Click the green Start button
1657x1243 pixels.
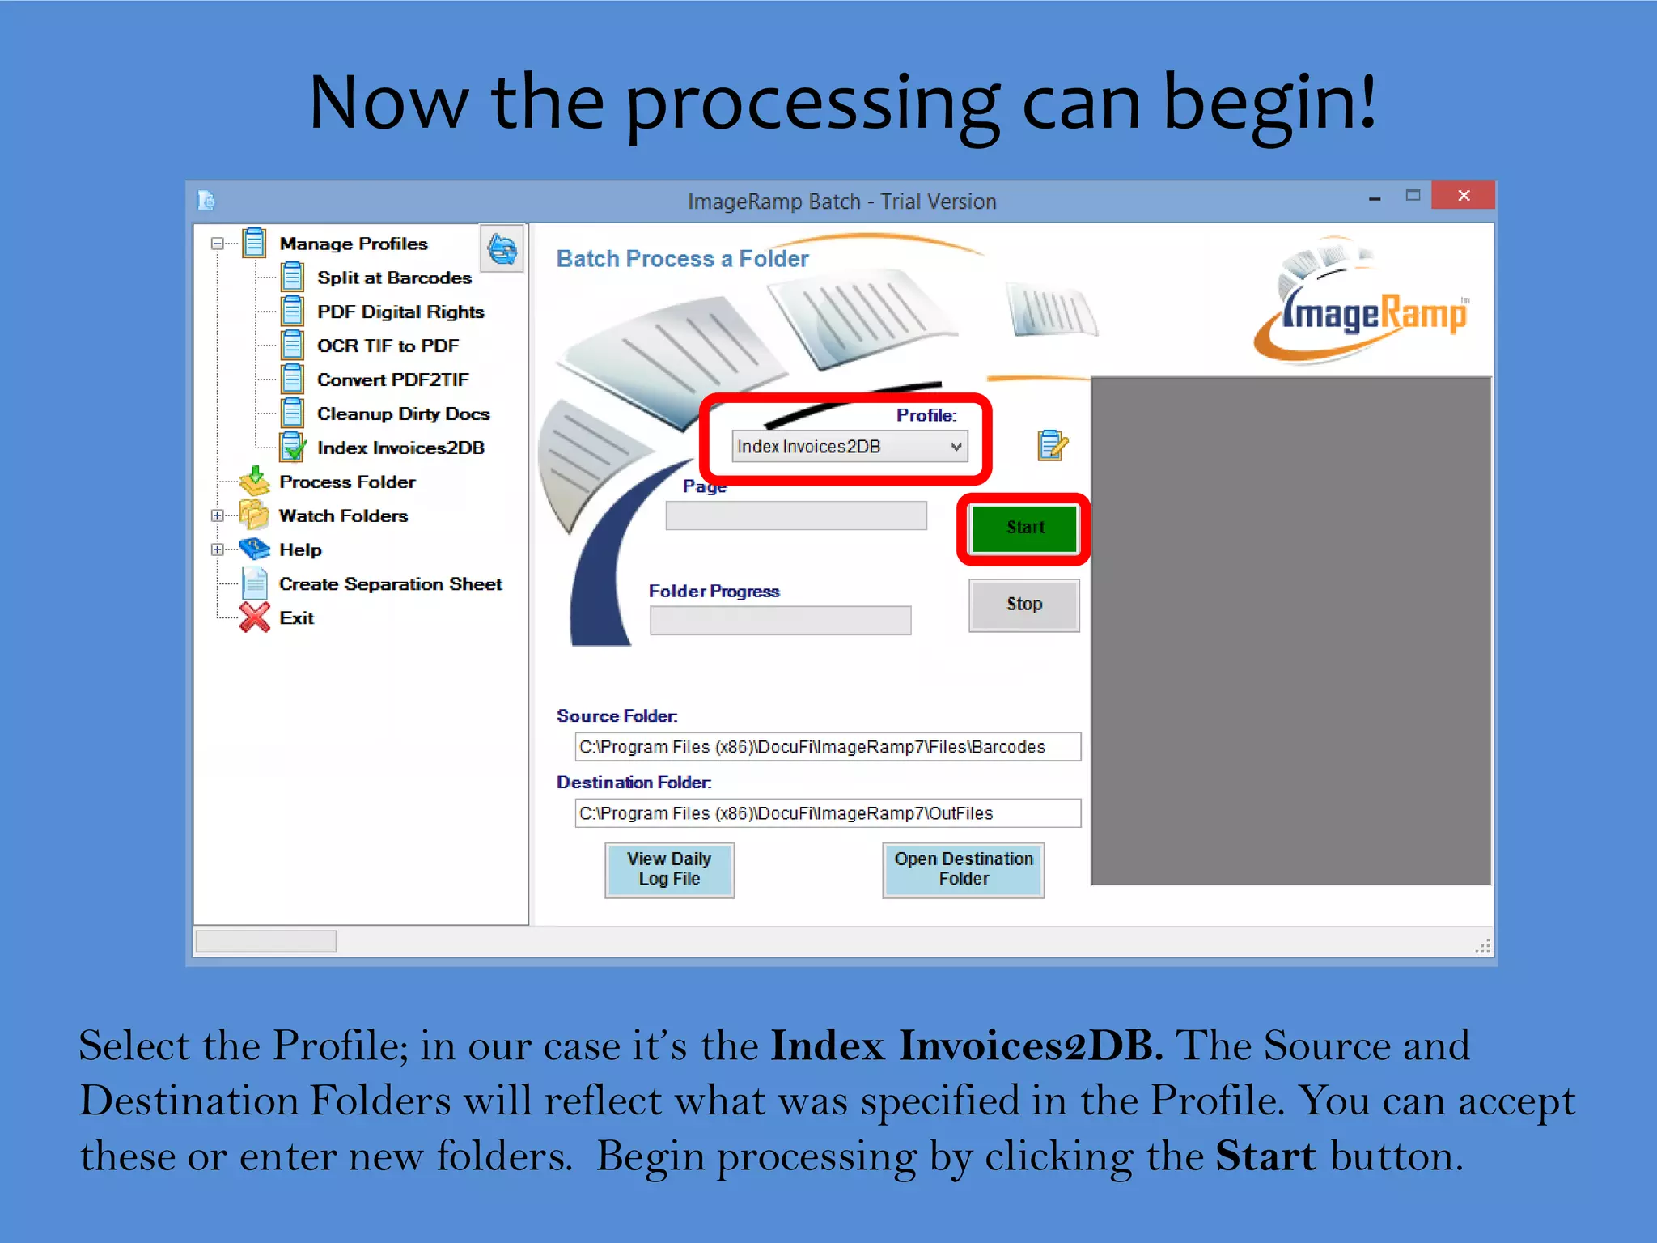tap(1024, 528)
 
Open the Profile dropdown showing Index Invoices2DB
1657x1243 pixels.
tap(850, 447)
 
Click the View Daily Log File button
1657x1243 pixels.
tap(669, 869)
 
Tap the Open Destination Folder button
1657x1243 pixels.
tap(963, 869)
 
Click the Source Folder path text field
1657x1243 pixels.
tap(827, 747)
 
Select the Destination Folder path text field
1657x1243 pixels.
tap(827, 813)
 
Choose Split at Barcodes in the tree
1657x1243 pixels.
tap(393, 278)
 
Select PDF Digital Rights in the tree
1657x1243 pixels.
tap(400, 312)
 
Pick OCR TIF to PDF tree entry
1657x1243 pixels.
tap(388, 346)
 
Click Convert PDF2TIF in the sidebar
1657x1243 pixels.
tap(392, 380)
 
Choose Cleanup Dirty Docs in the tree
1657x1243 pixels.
tap(403, 414)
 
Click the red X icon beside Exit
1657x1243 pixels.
tap(255, 617)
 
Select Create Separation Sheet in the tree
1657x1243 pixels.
tap(390, 583)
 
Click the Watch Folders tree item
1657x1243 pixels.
tap(343, 515)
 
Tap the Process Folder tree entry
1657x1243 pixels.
tap(347, 482)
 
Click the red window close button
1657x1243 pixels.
tap(1463, 195)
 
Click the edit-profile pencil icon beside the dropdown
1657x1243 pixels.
tap(1052, 445)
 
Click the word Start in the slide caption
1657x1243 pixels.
tap(1265, 1156)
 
